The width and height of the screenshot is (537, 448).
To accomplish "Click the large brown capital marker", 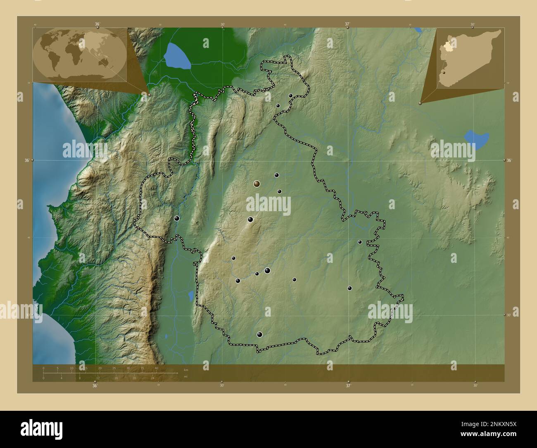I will tap(257, 183).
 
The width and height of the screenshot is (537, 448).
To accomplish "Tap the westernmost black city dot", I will tap(177, 219).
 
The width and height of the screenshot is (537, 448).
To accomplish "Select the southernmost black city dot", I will tap(260, 334).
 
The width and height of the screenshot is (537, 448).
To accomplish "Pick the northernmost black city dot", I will tap(291, 95).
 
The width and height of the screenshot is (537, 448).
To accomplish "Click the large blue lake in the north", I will tap(177, 56).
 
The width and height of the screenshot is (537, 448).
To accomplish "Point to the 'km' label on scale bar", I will tap(185, 369).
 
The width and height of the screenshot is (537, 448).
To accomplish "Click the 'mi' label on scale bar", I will tap(185, 376).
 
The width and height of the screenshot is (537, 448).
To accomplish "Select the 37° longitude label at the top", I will tap(348, 24).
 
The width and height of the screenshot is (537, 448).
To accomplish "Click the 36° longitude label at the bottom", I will tap(95, 386).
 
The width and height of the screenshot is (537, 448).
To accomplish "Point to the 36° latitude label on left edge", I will tap(27, 160).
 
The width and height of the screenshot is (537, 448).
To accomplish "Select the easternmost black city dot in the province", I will tap(360, 242).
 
